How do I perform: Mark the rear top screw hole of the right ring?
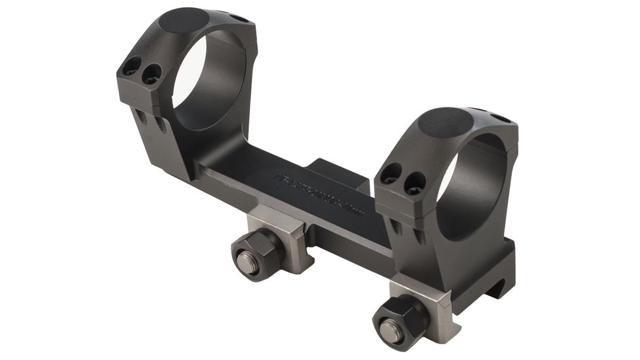pyautogui.click(x=500, y=118)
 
